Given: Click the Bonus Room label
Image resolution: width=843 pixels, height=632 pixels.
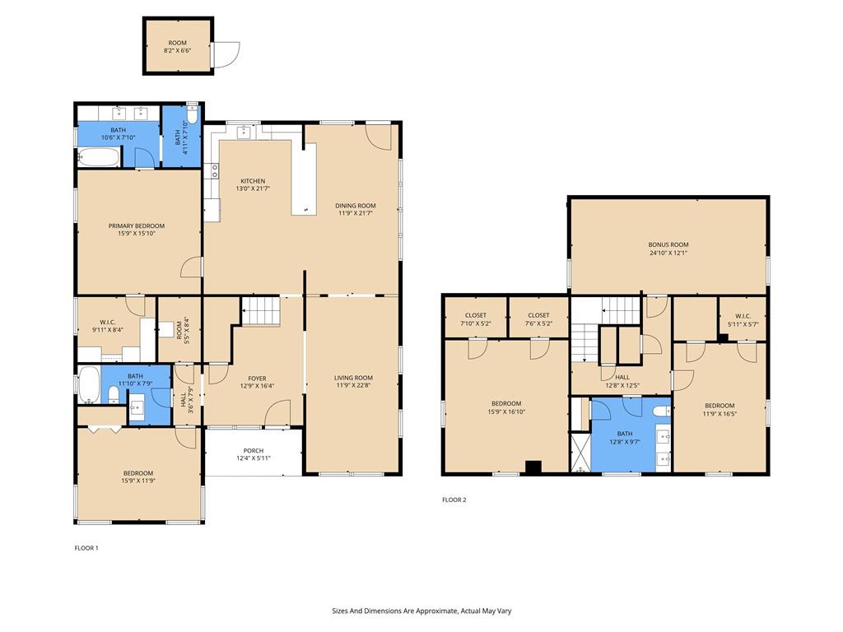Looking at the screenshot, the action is (x=668, y=244).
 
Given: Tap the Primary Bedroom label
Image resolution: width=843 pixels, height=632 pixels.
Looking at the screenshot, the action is (x=137, y=225).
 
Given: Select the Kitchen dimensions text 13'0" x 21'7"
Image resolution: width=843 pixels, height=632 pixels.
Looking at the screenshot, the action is (x=253, y=188).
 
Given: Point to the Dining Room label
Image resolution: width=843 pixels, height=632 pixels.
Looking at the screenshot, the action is (x=356, y=205).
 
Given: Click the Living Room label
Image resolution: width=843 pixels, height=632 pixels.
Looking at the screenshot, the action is (x=353, y=378).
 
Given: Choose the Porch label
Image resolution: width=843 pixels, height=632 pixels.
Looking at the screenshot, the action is (x=254, y=451).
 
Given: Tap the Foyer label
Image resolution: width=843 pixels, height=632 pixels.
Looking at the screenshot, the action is (x=257, y=379).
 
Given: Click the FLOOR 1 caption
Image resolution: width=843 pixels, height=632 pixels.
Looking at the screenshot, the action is (x=86, y=548).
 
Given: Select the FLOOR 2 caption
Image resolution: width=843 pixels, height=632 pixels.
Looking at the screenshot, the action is (x=454, y=500).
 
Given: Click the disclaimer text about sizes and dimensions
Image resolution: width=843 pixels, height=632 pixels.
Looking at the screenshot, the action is (x=421, y=611).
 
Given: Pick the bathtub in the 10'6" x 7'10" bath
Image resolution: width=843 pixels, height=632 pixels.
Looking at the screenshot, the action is (x=99, y=158).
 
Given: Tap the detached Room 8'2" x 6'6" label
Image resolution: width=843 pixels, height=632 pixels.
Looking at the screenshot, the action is (x=178, y=43).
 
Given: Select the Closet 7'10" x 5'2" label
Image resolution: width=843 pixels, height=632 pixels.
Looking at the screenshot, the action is (x=476, y=315).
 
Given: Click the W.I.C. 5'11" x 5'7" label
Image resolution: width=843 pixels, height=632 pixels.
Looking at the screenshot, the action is (x=743, y=317).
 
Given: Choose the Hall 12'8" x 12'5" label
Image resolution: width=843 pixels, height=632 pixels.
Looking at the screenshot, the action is (x=622, y=377).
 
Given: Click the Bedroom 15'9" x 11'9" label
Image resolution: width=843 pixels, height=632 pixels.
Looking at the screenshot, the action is (x=138, y=473).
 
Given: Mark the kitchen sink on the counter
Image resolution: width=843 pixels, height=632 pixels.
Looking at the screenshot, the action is (x=244, y=131).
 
